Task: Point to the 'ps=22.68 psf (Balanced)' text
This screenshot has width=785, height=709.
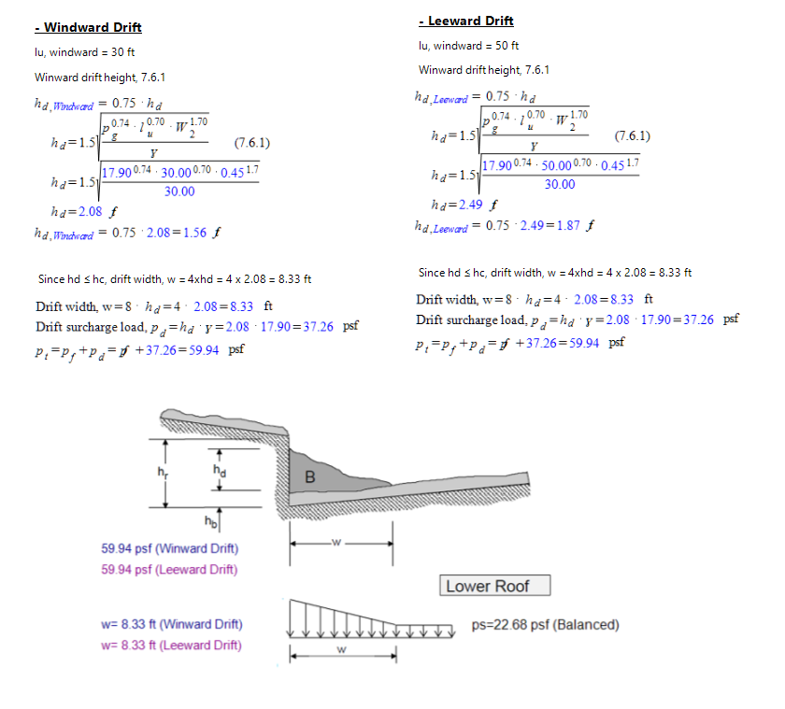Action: click(546, 625)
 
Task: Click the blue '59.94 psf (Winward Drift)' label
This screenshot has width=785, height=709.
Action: click(169, 548)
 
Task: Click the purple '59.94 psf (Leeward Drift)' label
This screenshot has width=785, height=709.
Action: click(169, 569)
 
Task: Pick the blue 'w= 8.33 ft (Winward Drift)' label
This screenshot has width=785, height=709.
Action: click(170, 624)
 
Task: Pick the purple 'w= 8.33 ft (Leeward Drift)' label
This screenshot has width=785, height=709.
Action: click(170, 645)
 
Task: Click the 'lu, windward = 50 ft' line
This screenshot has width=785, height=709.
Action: click(470, 45)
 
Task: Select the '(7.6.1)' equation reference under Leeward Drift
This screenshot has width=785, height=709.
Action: click(632, 136)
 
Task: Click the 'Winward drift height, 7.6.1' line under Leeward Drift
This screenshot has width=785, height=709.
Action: click(484, 70)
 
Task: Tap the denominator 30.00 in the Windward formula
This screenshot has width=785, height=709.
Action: click(179, 191)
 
